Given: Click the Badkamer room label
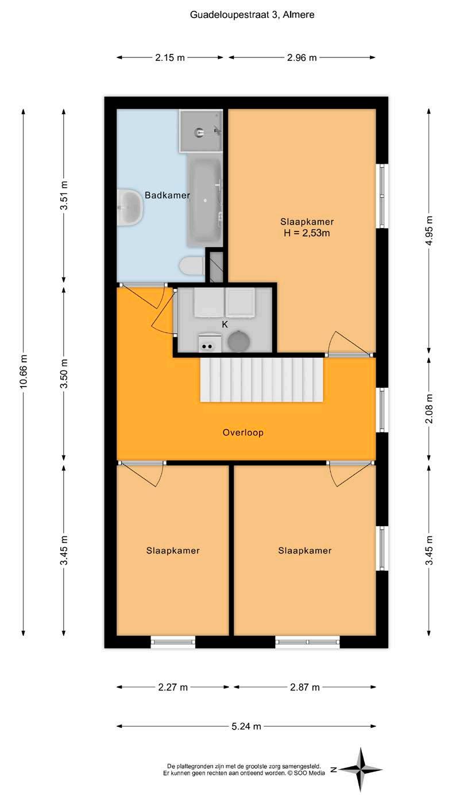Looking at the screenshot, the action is (x=167, y=195).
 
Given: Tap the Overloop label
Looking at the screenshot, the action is (x=243, y=433).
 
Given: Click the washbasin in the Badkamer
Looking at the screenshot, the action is (x=130, y=208).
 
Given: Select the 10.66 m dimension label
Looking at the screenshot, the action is (x=24, y=371).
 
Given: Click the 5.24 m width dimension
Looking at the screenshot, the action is (x=246, y=726).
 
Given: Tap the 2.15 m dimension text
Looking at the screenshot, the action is (x=170, y=57).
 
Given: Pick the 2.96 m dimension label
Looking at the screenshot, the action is (x=302, y=57).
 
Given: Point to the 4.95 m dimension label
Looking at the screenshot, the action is (x=429, y=230).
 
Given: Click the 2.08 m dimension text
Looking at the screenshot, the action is (x=429, y=408).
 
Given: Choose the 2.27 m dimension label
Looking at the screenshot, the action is (x=173, y=687).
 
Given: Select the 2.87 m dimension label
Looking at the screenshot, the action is (x=304, y=687).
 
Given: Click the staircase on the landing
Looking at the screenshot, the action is (x=262, y=380).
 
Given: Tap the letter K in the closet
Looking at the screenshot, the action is (x=225, y=325).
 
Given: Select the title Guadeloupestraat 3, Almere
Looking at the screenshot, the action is (x=252, y=15).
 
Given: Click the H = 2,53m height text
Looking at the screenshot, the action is (x=307, y=233).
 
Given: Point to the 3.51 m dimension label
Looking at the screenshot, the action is (x=64, y=195).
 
